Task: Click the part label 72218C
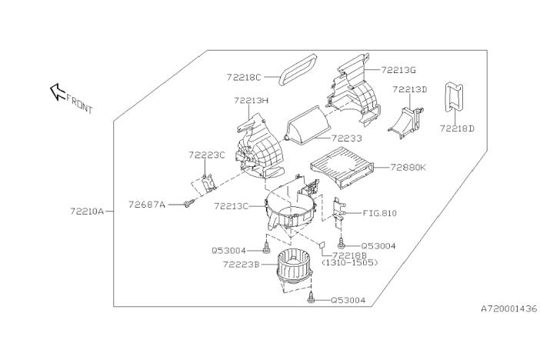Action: (x=245, y=77)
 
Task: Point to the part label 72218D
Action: (x=457, y=128)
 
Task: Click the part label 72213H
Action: (x=251, y=100)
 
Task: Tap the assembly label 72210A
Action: (x=86, y=208)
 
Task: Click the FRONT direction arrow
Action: (x=57, y=93)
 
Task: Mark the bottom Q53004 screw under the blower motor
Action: (x=311, y=299)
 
